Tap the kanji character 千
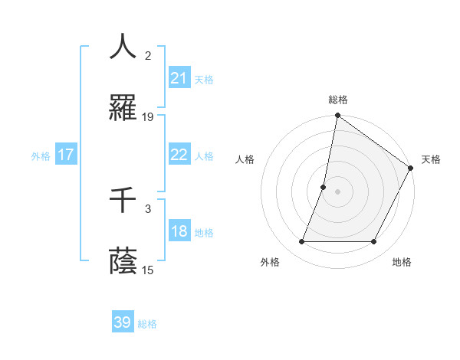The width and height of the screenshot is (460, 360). click(x=123, y=200)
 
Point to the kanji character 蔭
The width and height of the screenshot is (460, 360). click(x=123, y=262)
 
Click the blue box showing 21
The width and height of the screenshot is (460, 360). click(x=179, y=78)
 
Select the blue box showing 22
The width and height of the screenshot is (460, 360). click(x=179, y=155)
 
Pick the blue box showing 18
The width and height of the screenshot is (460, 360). click(x=179, y=232)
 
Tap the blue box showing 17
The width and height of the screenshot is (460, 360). click(x=66, y=155)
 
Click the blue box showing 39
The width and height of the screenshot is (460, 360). click(x=122, y=322)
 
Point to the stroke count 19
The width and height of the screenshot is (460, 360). click(x=148, y=117)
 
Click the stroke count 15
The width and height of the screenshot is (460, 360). click(x=148, y=270)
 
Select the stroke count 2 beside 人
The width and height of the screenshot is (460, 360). click(x=148, y=55)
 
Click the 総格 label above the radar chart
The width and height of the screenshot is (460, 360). click(x=338, y=100)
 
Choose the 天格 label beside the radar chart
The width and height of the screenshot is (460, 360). click(x=431, y=159)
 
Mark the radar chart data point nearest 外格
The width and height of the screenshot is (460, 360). click(x=302, y=242)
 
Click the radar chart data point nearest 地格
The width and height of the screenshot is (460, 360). click(x=374, y=242)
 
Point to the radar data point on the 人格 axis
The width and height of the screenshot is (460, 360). click(x=324, y=187)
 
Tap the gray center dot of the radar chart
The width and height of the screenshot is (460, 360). click(x=338, y=191)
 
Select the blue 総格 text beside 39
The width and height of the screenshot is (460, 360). click(x=147, y=324)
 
